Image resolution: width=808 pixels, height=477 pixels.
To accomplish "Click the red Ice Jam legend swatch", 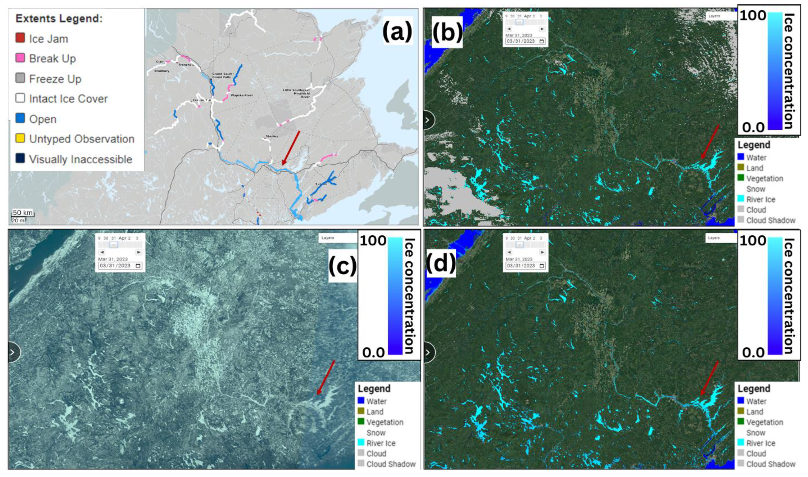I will tap(20, 38).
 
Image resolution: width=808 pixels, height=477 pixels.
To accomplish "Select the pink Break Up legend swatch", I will tap(20, 58).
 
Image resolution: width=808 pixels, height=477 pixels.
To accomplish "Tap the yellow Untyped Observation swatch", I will tap(20, 138).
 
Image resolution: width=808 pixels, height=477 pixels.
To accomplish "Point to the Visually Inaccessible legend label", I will tap(80, 159).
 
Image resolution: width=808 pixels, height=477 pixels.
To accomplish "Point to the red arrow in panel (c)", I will tap(326, 377).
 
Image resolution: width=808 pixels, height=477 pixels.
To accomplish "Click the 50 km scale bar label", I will tap(23, 213).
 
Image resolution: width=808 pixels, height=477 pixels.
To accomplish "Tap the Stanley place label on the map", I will tap(272, 136).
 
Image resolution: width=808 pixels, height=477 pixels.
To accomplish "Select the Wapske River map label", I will tap(242, 95).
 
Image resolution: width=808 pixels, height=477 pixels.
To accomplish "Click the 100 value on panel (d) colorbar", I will tap(753, 241).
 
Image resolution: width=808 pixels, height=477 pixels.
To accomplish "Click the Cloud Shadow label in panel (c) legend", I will tap(391, 464).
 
